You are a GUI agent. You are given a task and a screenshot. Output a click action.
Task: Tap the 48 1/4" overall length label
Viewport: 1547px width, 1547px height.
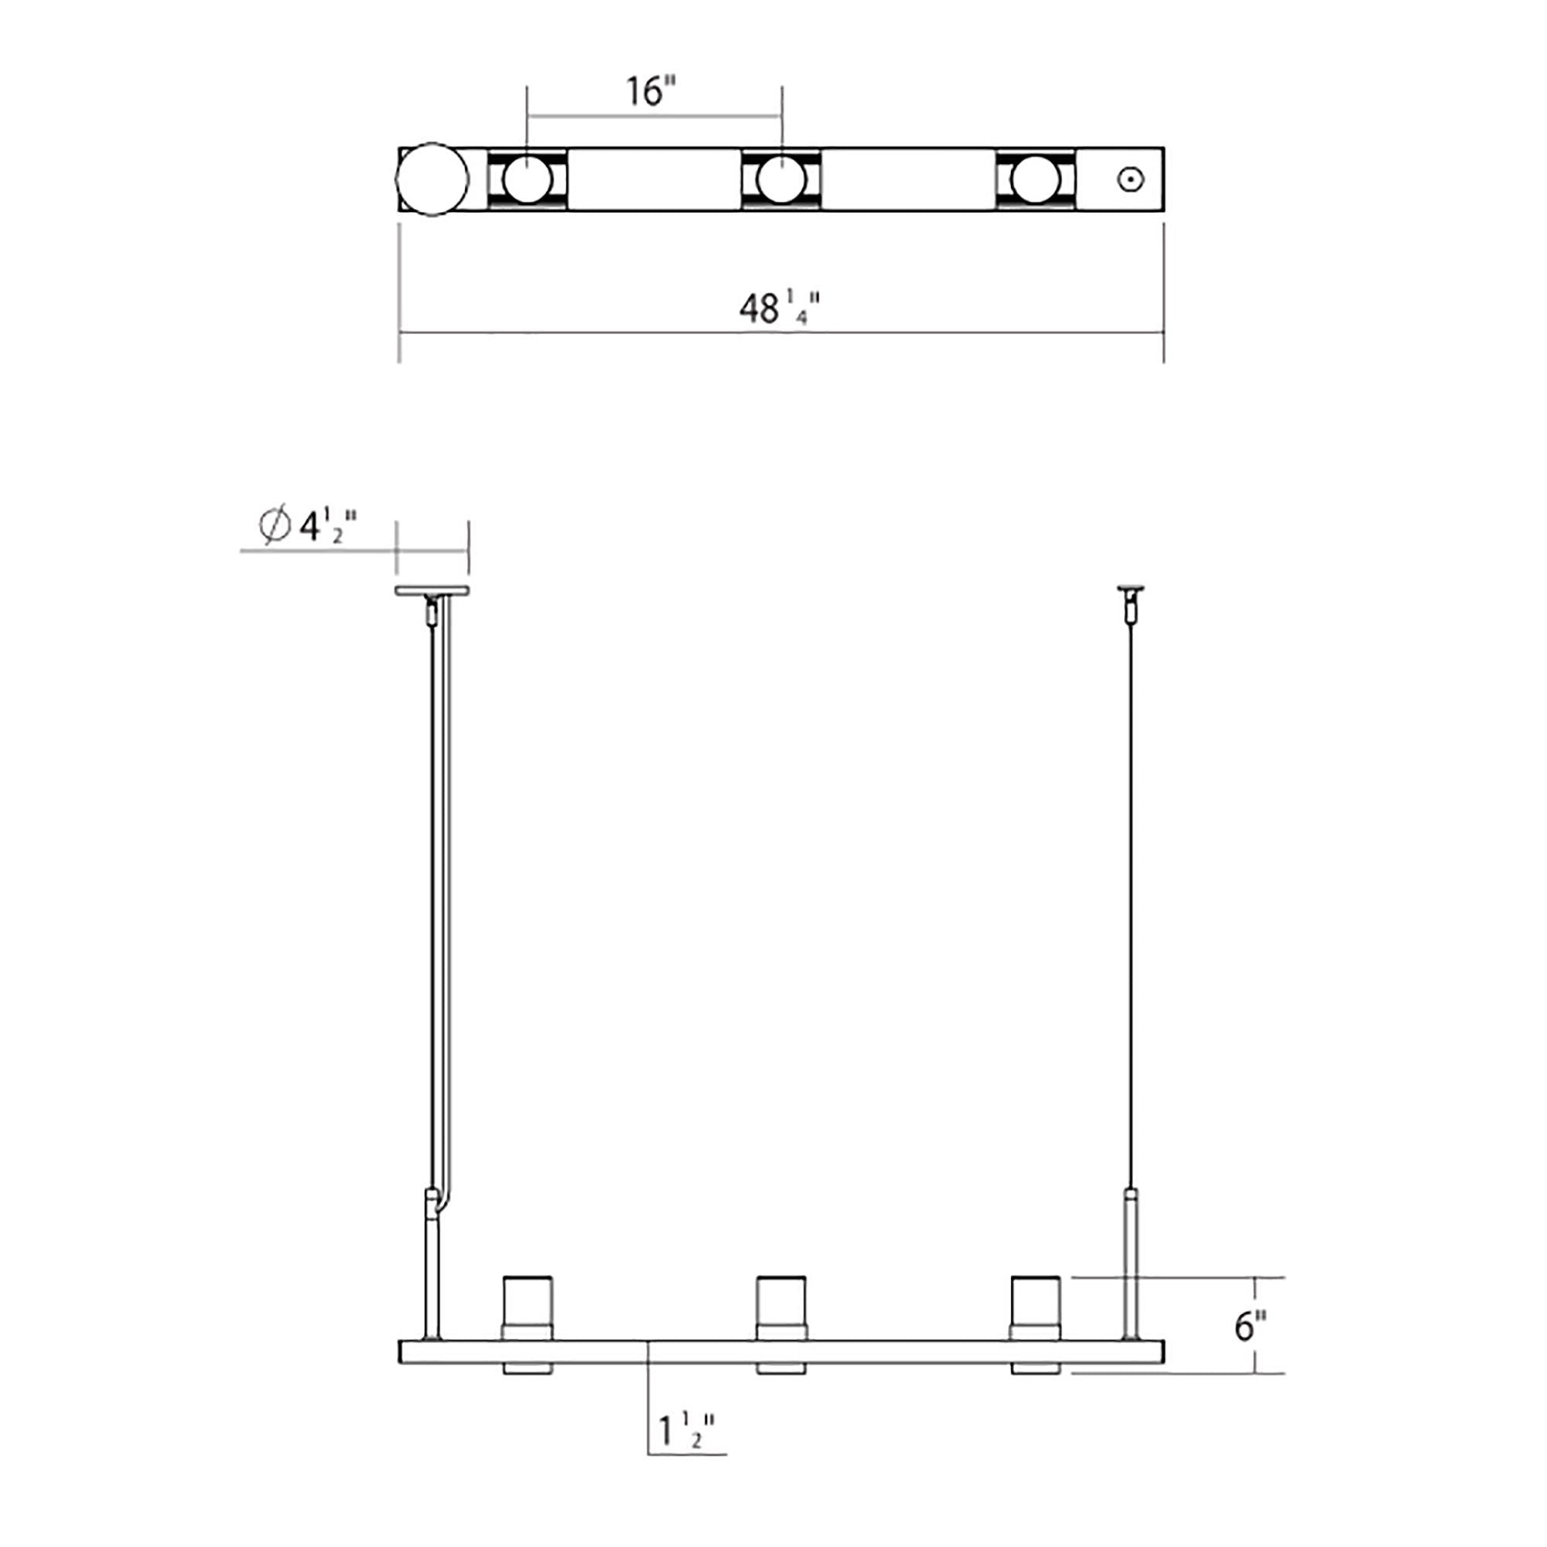tap(780, 308)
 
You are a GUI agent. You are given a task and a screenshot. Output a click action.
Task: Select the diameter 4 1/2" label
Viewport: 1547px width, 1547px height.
tap(309, 526)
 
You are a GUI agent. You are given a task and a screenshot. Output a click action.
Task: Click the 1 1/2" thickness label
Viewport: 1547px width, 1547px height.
tap(686, 1431)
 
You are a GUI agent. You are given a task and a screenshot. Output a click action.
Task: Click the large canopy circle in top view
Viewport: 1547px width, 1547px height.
tap(432, 179)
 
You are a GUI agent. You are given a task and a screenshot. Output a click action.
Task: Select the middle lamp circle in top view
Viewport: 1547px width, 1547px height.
tap(780, 179)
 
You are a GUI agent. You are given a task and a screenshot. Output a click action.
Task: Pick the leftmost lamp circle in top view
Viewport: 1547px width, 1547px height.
tap(527, 179)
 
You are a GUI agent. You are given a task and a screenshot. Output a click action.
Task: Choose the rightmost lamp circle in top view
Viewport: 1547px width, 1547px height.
tap(1036, 179)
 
